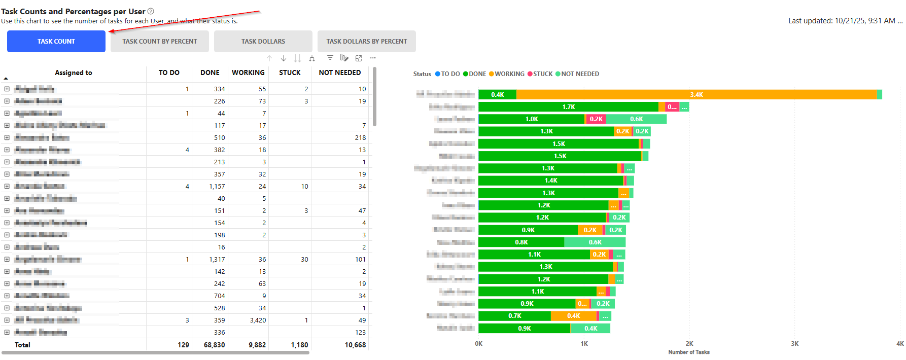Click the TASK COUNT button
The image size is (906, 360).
point(56,42)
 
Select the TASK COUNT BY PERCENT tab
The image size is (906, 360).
point(159,42)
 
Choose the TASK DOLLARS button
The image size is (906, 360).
point(263,42)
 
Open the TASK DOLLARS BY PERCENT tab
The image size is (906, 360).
point(366,42)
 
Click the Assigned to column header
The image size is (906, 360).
point(74,73)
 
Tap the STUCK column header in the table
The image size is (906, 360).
point(290,73)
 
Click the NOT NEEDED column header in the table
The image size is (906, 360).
point(339,73)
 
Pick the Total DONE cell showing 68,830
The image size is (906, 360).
point(214,345)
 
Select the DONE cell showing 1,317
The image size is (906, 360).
point(217,260)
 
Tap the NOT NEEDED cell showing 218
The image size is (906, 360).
point(360,138)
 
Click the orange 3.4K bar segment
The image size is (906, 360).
point(696,95)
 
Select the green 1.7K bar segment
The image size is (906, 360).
point(568,107)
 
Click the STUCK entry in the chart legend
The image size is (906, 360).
point(540,74)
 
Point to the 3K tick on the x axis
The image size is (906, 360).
point(794,344)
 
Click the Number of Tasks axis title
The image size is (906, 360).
point(688,352)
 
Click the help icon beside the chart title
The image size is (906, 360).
point(151,11)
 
